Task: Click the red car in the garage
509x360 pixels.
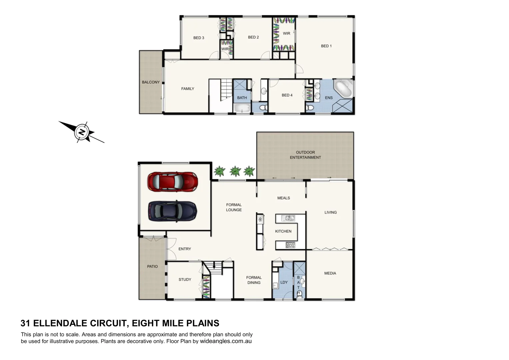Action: (173, 182)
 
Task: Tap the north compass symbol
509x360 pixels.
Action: (82, 132)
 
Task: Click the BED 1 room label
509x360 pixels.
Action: (326, 46)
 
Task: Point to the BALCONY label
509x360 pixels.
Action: (151, 82)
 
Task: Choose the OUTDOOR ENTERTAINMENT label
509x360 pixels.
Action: (305, 155)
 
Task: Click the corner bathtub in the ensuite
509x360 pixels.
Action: (343, 88)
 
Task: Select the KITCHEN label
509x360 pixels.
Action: (283, 231)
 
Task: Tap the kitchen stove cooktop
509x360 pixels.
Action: (290, 245)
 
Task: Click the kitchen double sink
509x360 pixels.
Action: (288, 218)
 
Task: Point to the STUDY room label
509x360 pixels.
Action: (185, 280)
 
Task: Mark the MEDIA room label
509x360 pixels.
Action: (330, 273)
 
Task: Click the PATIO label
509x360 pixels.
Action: (152, 267)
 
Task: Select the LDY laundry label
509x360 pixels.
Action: (284, 282)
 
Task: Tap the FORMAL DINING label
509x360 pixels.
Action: (254, 280)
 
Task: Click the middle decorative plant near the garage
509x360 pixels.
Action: (235, 171)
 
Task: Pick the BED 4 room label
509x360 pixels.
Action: (287, 95)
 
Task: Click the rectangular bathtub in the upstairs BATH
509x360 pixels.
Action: (242, 108)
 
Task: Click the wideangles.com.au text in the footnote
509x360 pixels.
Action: (226, 341)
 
